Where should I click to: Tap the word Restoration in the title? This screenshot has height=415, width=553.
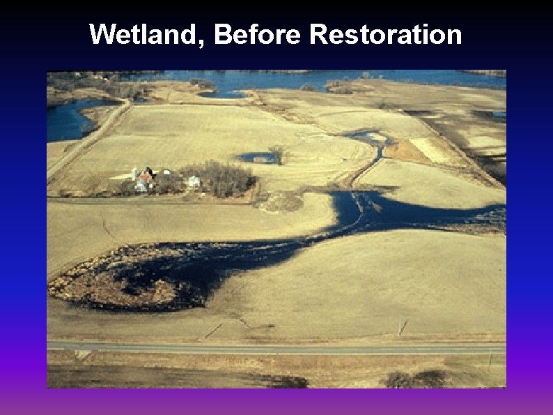point(385,34)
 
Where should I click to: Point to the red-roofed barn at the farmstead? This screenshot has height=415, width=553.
point(146,174)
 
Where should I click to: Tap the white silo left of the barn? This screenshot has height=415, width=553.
point(134,173)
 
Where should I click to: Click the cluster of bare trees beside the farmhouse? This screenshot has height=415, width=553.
point(221,179)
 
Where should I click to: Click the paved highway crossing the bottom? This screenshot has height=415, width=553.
point(279,347)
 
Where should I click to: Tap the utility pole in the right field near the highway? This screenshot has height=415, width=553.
point(400,326)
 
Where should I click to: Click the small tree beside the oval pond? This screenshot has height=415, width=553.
point(279,153)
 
